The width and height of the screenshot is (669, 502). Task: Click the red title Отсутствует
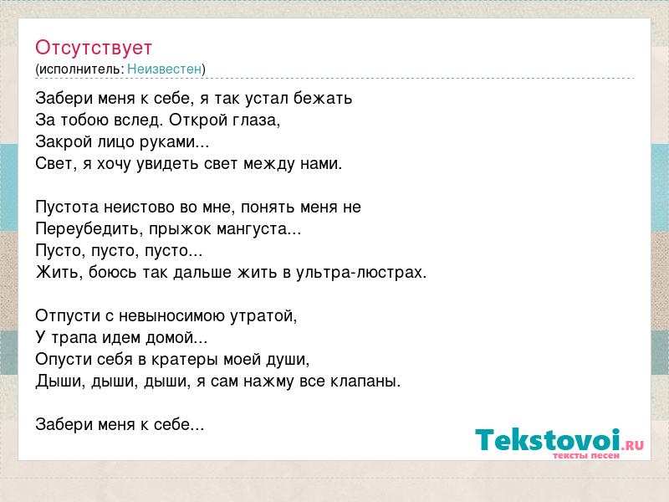coord(94,48)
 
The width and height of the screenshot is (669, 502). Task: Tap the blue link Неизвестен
coord(164,69)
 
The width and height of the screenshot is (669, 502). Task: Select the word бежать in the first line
coord(323,98)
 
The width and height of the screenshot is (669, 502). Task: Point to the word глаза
coord(256,120)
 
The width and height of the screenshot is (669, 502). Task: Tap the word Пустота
coord(67,207)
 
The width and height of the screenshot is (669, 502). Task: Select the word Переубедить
coord(89,228)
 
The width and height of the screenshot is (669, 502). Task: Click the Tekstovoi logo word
coord(548,439)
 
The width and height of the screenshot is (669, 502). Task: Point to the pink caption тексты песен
coord(586,455)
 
